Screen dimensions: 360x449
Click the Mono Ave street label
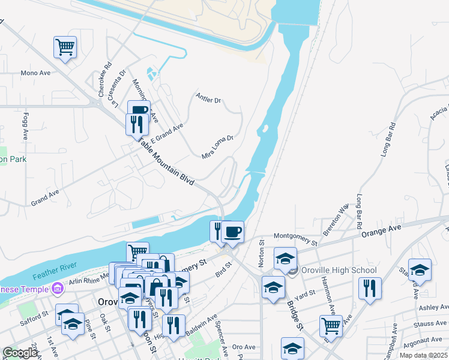pyautogui.click(x=35, y=73)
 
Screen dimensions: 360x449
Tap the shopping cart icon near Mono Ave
pyautogui.click(x=65, y=47)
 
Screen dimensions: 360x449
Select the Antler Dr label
pyautogui.click(x=209, y=98)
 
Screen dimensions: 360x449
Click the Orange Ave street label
pyautogui.click(x=381, y=230)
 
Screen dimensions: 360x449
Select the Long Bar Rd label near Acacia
pyautogui.click(x=389, y=140)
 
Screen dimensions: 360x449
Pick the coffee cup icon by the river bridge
pyautogui.click(x=233, y=232)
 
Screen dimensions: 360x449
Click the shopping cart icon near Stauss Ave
pyautogui.click(x=331, y=326)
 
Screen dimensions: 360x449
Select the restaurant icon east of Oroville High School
pyautogui.click(x=370, y=288)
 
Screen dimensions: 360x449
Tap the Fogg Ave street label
pyautogui.click(x=26, y=124)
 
